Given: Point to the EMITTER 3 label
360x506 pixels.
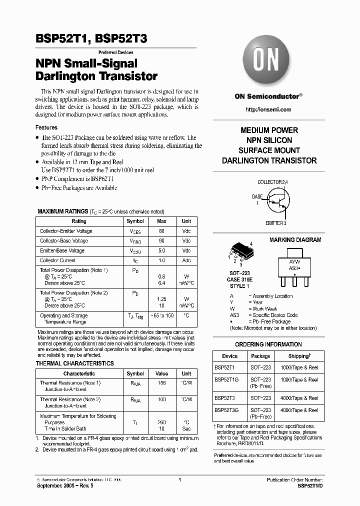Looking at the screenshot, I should click(x=275, y=223).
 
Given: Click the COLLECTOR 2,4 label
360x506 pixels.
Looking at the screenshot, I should click(x=272, y=182).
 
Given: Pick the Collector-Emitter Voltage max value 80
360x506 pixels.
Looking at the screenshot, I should click(x=161, y=231).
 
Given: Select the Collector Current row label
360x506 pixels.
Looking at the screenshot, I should click(x=58, y=260).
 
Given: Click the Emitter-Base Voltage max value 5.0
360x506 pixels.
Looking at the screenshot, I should click(x=161, y=251).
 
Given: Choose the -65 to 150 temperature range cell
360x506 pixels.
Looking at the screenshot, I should click(x=161, y=316).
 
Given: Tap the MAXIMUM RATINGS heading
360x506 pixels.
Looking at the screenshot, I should click(x=62, y=211).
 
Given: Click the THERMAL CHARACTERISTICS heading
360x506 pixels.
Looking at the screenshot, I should click(x=74, y=363).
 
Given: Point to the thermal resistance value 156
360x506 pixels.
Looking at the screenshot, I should click(x=161, y=383).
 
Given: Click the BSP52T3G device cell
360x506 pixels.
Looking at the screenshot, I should click(x=226, y=410).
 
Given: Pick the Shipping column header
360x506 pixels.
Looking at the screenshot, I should click(x=299, y=356).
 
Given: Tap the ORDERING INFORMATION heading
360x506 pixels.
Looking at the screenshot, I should click(x=268, y=344).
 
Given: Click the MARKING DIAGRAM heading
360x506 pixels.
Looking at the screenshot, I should click(x=295, y=240).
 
